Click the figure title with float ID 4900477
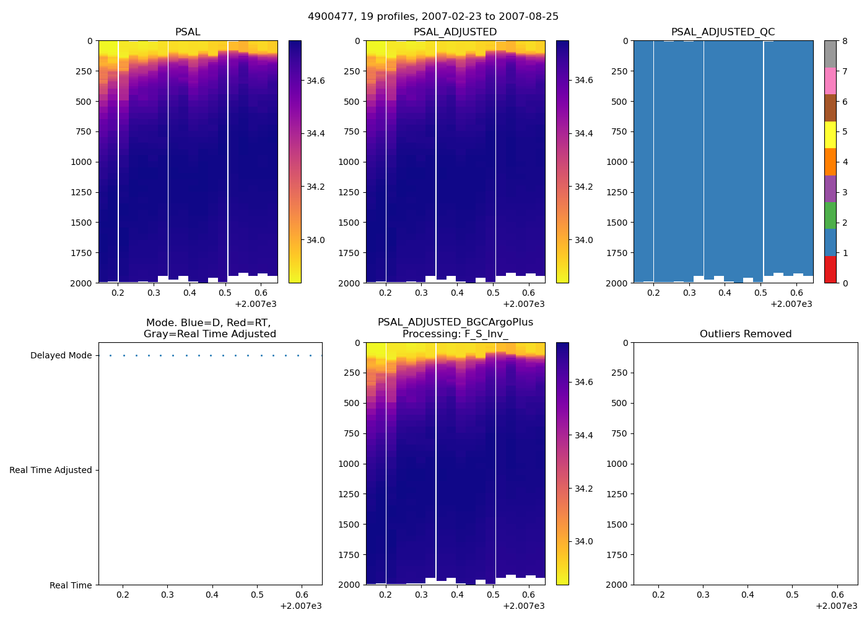point(433,17)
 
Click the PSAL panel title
point(188,32)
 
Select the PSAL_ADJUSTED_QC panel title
point(723,32)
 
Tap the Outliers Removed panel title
point(745,334)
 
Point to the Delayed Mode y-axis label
point(61,355)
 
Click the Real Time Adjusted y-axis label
point(51,470)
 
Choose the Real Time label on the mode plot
point(71,585)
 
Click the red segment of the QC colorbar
point(830,270)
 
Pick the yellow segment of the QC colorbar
point(830,135)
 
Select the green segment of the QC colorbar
point(830,216)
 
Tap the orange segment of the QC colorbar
point(830,162)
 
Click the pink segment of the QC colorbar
point(830,81)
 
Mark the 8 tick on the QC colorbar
point(845,41)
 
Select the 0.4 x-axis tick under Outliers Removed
point(747,595)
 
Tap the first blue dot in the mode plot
point(110,355)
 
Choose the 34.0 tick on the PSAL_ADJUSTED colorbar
point(584,240)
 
